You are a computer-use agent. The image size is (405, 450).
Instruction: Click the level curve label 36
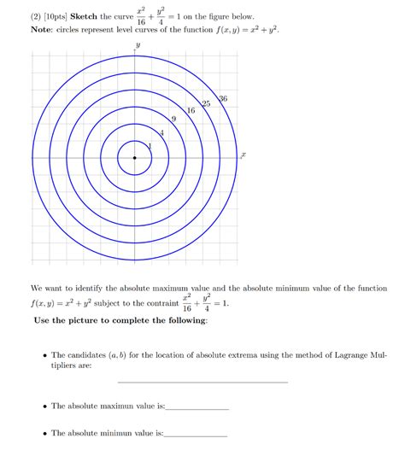(223, 99)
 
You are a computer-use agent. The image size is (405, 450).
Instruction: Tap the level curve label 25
(206, 103)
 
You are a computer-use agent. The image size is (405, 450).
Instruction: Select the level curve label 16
(191, 111)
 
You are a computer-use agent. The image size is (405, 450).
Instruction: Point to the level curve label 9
(174, 120)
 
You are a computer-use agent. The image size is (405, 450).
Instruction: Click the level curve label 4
(161, 132)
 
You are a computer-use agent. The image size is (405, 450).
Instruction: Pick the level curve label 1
(149, 145)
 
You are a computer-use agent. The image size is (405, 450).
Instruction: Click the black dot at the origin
(134, 157)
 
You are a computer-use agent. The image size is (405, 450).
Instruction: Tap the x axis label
(244, 155)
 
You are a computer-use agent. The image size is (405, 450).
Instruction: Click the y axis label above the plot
(134, 44)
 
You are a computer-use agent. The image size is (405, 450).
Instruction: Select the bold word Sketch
(65, 17)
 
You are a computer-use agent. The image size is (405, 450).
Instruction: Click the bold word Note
(19, 29)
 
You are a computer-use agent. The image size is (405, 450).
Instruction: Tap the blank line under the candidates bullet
(202, 381)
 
